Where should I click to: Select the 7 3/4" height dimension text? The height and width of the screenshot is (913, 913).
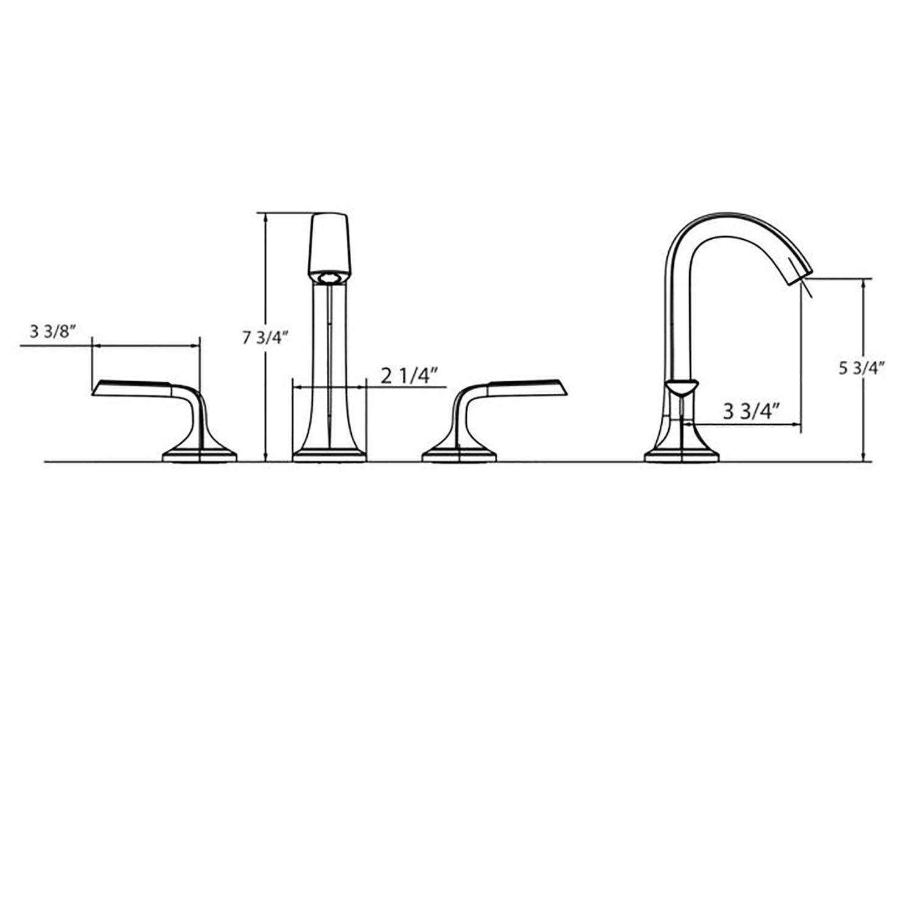pos(264,338)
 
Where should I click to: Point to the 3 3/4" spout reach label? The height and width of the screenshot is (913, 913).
pos(751,411)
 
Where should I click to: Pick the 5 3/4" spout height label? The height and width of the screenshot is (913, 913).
pos(861,368)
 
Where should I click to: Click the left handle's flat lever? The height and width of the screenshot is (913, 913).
pos(131,388)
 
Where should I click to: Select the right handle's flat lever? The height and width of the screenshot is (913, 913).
pos(526,388)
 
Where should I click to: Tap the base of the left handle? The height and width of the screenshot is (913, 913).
pos(199,456)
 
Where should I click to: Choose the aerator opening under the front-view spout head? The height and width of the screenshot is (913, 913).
pos(329,279)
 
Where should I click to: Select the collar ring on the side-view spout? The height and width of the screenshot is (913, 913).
pos(680,387)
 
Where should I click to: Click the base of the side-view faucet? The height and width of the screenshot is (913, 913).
pos(681,455)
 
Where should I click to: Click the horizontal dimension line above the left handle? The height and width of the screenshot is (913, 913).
pos(145,346)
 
